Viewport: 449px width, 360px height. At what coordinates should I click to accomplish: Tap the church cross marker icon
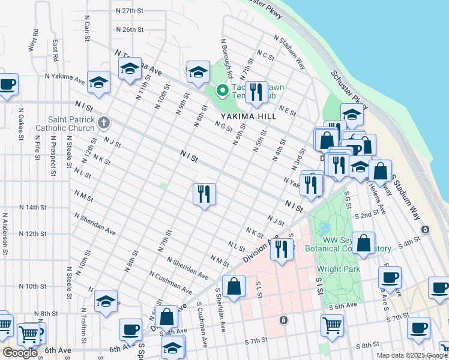point(104,124)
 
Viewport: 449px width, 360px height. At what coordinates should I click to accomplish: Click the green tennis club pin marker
point(222,91)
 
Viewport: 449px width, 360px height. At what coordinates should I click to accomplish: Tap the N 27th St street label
point(129,11)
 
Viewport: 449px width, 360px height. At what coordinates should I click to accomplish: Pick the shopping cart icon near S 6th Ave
point(332,326)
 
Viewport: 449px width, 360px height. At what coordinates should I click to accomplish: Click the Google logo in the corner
point(20,353)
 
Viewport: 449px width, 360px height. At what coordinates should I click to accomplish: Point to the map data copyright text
point(411,355)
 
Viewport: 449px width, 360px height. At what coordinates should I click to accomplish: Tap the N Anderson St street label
point(5,233)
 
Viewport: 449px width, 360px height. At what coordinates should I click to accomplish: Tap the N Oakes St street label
point(22,124)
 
